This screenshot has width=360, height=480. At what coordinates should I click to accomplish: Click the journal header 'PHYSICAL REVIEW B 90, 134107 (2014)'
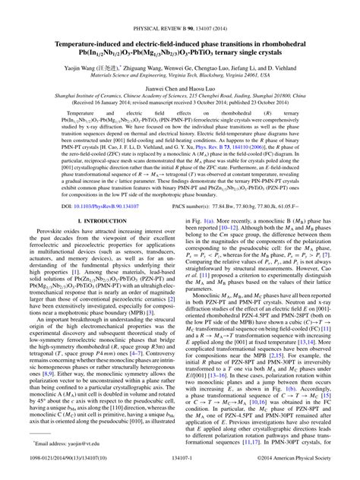click(180, 6)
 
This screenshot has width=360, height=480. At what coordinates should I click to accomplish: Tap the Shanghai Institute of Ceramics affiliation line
click(180, 77)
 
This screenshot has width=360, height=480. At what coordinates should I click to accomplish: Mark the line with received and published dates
click(180, 85)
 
